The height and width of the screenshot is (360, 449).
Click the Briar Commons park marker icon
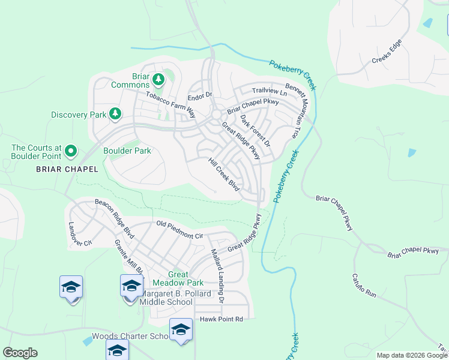[x=158, y=79]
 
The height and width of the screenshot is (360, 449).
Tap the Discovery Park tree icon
[x=115, y=114]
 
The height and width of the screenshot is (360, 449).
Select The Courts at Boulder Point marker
[x=71, y=151]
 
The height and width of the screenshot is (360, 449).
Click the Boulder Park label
[x=127, y=151]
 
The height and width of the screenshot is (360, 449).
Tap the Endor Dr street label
[x=200, y=95]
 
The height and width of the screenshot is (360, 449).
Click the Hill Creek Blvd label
[x=224, y=175]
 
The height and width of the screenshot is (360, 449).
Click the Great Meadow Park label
[x=178, y=278]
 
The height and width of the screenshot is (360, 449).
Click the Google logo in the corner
[x=20, y=353]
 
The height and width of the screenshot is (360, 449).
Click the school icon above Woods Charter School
[x=181, y=329]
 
